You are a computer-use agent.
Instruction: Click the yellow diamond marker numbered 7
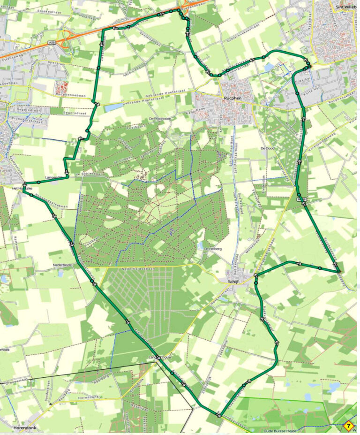[348, 427]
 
